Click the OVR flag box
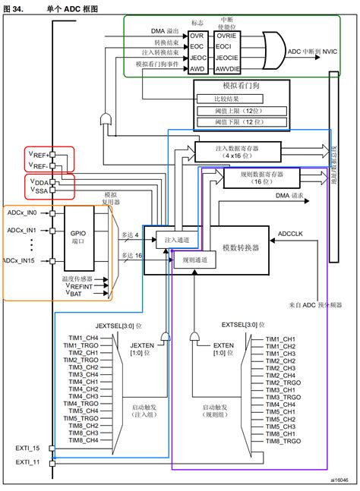(197, 36)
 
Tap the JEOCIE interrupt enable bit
(226, 55)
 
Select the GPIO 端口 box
(79, 238)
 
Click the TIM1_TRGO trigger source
(81, 345)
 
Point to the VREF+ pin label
(39, 154)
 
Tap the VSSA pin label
(39, 191)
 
